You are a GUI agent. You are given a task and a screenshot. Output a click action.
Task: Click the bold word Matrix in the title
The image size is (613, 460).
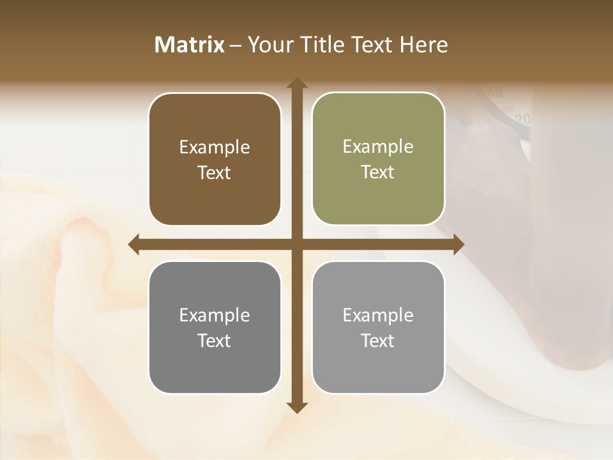(190, 45)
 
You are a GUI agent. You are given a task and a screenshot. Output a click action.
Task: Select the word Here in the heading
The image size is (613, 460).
(423, 45)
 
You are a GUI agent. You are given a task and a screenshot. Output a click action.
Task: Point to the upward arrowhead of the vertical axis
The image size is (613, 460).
(296, 84)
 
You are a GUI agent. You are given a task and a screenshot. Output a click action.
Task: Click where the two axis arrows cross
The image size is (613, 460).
(296, 244)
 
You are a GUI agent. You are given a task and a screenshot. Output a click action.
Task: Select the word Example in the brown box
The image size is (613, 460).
(215, 148)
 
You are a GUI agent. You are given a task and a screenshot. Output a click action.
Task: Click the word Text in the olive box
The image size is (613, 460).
(378, 172)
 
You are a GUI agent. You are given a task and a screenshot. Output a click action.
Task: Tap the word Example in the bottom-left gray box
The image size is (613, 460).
(215, 316)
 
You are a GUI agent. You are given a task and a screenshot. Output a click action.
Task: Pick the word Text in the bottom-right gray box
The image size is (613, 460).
(378, 341)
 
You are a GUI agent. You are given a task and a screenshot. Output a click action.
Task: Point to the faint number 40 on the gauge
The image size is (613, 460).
(495, 93)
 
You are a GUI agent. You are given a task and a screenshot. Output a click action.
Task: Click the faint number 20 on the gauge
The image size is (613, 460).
(524, 119)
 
